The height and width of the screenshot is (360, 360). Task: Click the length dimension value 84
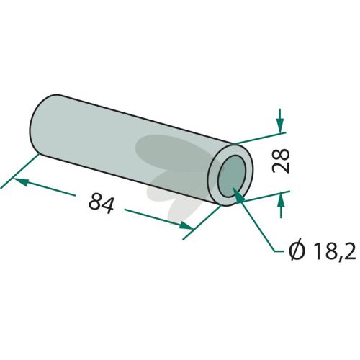101,203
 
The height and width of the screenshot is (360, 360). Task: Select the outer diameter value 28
281,161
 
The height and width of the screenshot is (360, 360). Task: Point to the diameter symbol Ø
297,251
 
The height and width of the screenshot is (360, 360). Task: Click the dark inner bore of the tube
232,176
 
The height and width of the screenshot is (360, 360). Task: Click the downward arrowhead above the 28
280,125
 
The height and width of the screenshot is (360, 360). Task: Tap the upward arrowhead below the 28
281,199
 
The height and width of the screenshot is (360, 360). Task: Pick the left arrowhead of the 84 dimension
21,181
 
